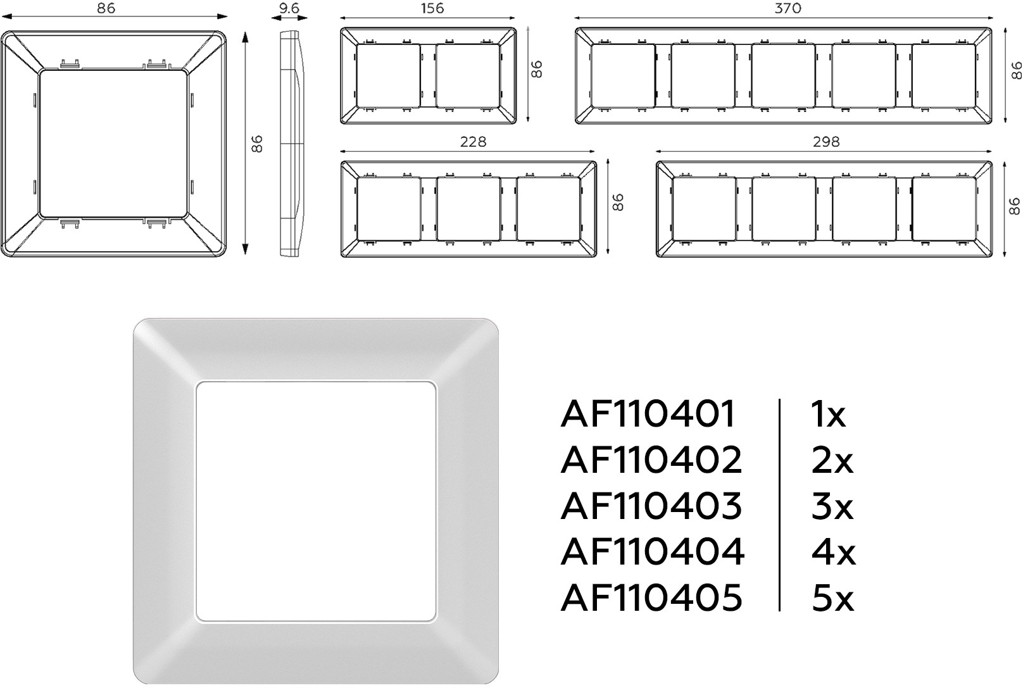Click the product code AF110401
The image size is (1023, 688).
tap(648, 413)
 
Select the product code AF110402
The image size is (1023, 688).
tap(651, 460)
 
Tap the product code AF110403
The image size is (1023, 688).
tap(651, 506)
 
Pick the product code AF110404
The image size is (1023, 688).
tap(653, 551)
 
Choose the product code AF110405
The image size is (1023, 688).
tap(651, 597)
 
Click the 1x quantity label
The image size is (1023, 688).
tap(828, 414)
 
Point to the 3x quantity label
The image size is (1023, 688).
tap(832, 506)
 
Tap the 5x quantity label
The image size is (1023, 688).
tap(832, 597)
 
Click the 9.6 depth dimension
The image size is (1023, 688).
tap(289, 8)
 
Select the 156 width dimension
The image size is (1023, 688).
tap(432, 8)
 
